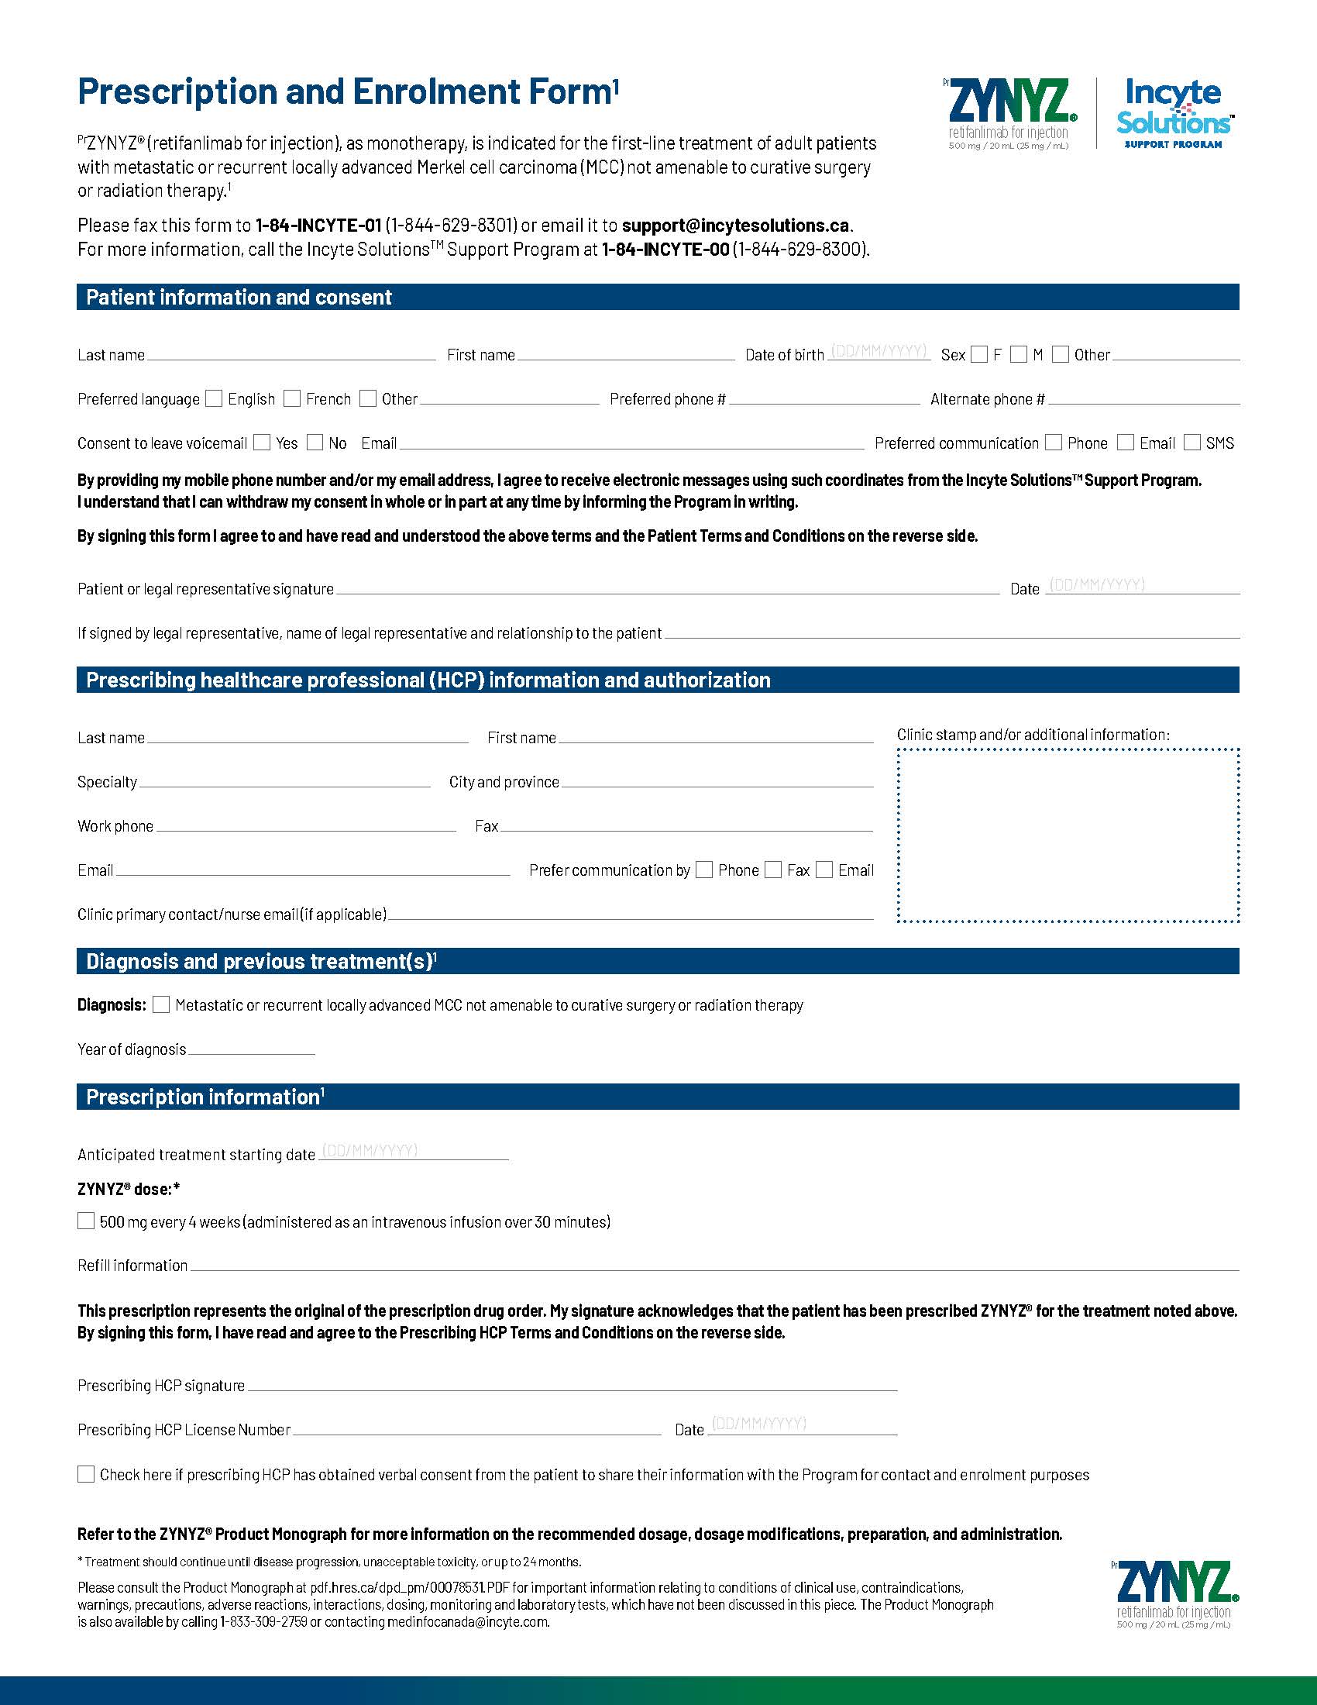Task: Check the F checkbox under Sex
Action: click(979, 355)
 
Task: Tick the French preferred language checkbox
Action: click(292, 399)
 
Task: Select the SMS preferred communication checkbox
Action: click(1192, 443)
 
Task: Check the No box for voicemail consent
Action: click(315, 443)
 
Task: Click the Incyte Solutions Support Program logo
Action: click(1174, 114)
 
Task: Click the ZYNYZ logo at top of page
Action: click(1009, 114)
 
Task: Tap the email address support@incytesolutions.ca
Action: click(735, 226)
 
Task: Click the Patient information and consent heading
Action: click(239, 298)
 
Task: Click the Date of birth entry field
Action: click(879, 353)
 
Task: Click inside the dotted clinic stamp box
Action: click(1068, 835)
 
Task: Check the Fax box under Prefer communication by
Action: click(773, 870)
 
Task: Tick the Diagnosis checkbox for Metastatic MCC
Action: click(161, 1004)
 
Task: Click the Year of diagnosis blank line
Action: click(251, 1049)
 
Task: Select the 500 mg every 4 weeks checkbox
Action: click(86, 1221)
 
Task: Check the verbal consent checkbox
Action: click(86, 1474)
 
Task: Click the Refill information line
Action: click(714, 1266)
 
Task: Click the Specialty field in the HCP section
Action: click(285, 781)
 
